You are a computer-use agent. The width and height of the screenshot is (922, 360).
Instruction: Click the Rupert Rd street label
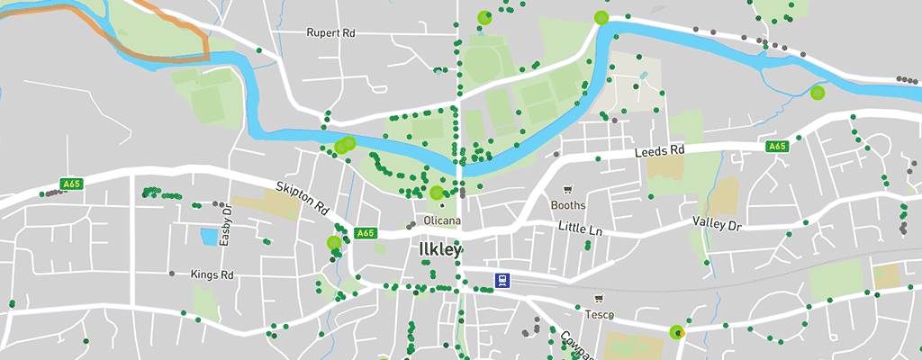[x=330, y=33]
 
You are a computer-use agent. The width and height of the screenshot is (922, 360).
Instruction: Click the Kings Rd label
[x=212, y=274]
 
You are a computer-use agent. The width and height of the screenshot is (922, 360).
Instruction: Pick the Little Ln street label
[x=580, y=229]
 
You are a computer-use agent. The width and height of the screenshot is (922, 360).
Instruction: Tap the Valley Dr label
[x=716, y=222]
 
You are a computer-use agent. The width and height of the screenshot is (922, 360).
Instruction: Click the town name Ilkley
[x=441, y=249]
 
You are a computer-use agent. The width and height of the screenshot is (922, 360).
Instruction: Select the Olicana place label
[x=442, y=220]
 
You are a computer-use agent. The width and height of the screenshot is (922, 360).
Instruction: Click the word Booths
[x=568, y=205]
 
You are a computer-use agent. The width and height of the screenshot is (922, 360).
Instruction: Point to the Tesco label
[x=599, y=314]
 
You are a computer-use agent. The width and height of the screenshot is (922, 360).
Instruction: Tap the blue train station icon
[x=501, y=280]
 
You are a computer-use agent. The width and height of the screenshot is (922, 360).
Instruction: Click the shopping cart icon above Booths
[x=567, y=190]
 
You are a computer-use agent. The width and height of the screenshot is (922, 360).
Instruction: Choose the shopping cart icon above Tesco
[x=599, y=299]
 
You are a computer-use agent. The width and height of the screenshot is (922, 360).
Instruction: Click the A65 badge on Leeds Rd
[x=777, y=146]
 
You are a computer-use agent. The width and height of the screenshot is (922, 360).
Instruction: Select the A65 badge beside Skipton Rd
[x=365, y=233]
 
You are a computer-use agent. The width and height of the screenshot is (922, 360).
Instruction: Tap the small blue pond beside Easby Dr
[x=209, y=237]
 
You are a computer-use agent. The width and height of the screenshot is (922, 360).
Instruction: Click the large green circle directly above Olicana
[x=437, y=192]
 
